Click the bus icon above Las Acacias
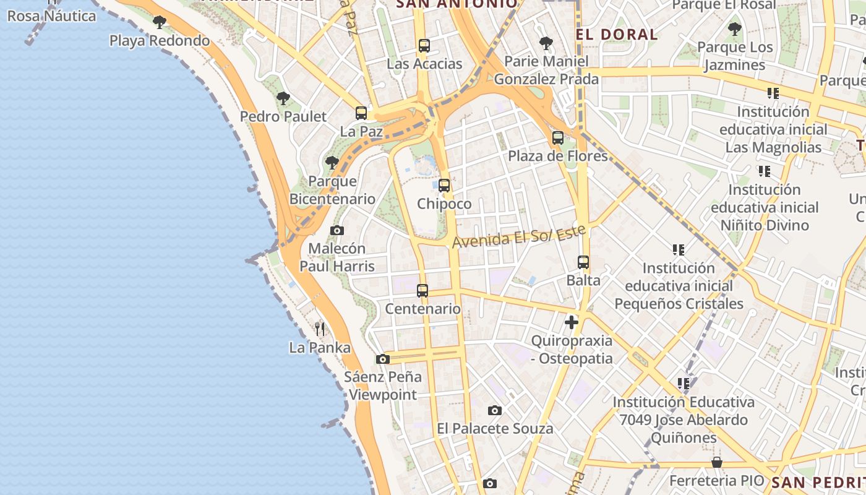424,45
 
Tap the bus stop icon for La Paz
361,113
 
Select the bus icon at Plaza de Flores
558,138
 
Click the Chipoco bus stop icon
444,185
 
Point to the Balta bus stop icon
583,262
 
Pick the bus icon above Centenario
422,290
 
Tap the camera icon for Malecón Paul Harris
337,230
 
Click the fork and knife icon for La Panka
320,329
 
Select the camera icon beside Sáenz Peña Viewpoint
383,359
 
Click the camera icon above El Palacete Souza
494,410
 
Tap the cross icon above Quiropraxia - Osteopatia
572,322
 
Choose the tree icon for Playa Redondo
160,23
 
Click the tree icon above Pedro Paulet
283,98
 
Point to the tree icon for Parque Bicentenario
332,163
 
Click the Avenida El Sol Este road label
519,236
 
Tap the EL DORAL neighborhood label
617,35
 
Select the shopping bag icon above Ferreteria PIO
716,462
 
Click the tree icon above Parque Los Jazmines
735,28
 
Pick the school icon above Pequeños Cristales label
679,250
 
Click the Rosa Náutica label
52,15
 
